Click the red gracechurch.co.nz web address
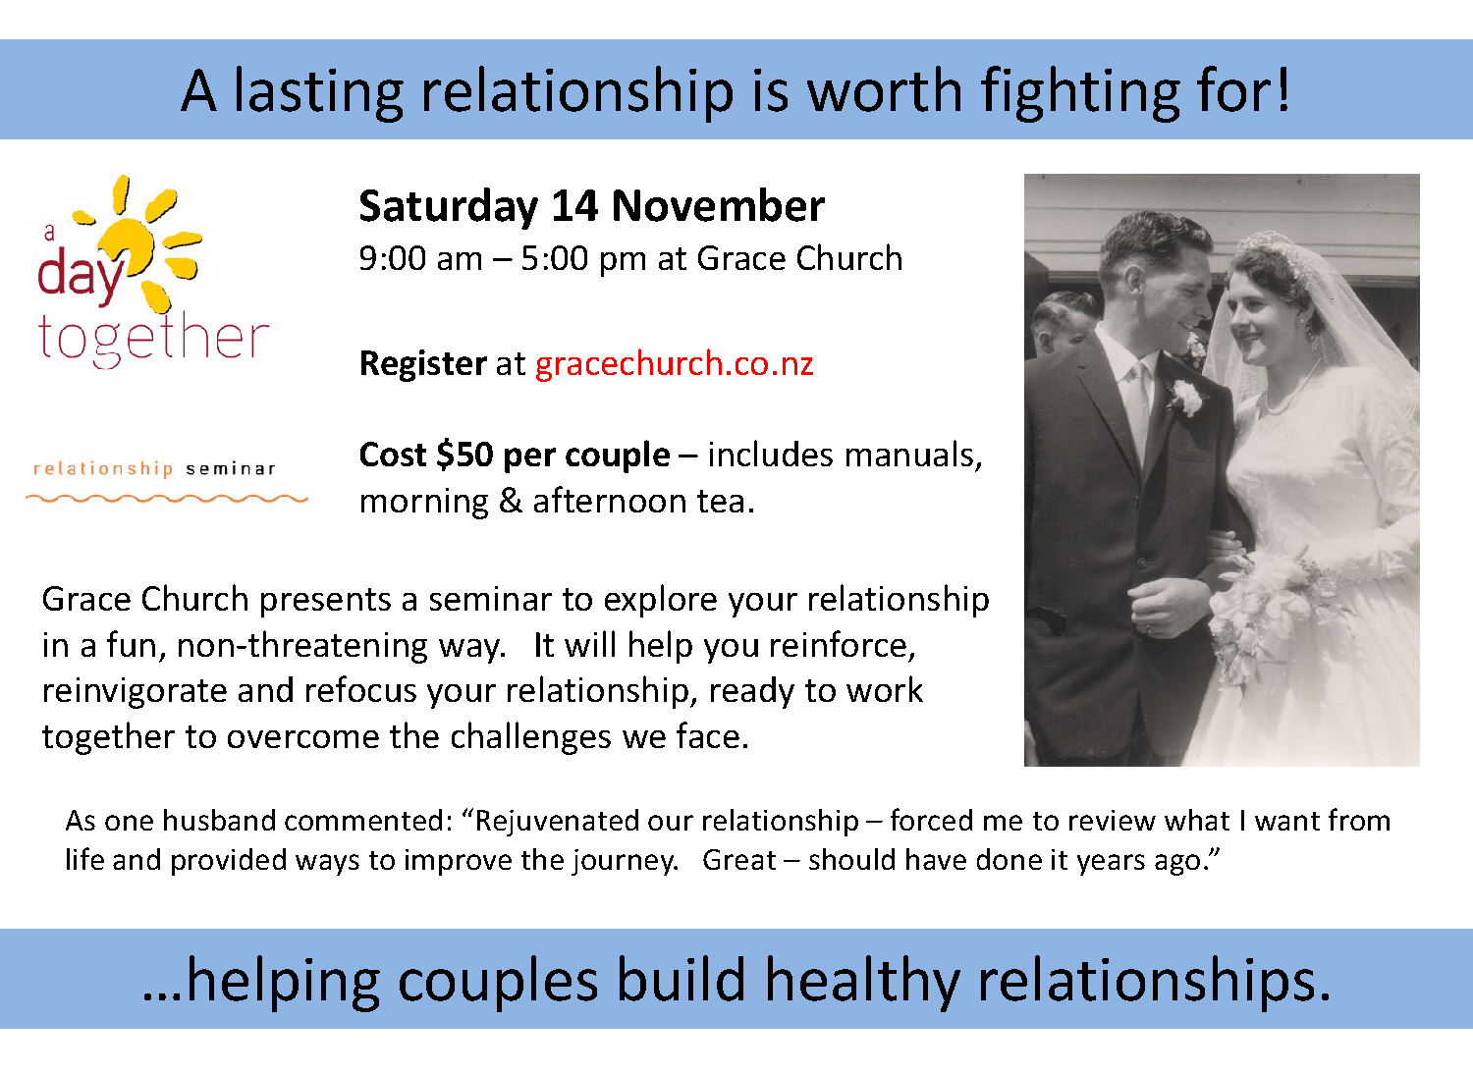[674, 364]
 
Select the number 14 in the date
[574, 206]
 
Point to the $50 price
[464, 455]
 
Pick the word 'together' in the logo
[153, 339]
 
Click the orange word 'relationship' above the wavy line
[103, 468]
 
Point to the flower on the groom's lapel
[1187, 397]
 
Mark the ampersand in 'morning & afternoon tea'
[511, 502]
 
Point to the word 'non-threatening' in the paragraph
[341, 645]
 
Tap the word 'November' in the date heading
[718, 206]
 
